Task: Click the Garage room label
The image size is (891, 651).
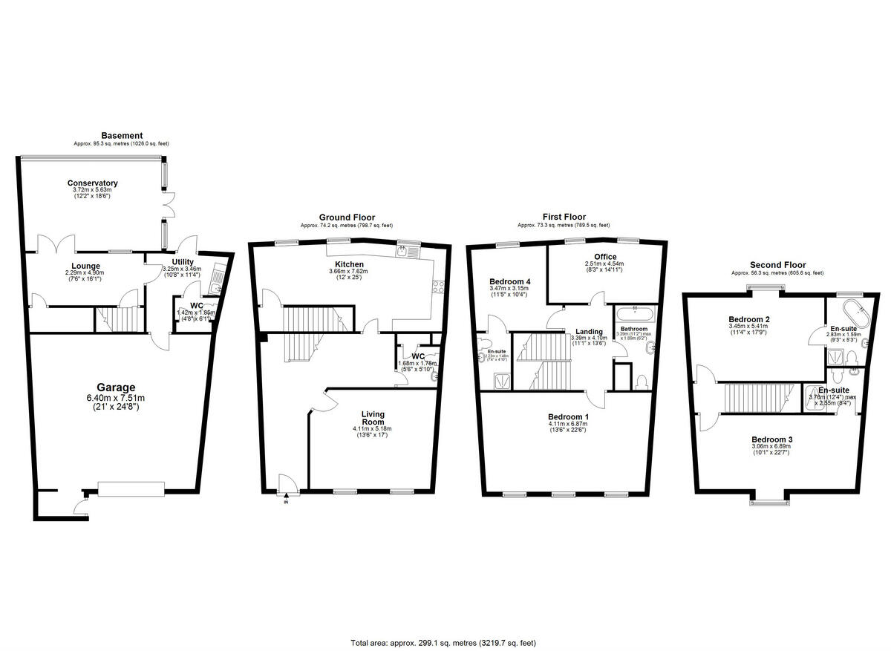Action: point(115,387)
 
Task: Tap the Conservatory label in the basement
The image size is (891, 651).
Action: point(92,183)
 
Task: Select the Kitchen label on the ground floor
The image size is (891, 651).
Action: point(349,264)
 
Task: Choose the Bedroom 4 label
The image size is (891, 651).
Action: point(509,281)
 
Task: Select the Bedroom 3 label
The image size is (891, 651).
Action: point(771,439)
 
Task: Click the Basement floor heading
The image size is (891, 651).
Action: point(122,135)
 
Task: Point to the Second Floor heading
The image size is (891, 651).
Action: point(777,265)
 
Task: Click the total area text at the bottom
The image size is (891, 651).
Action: point(443,643)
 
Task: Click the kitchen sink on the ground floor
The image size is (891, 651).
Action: point(406,252)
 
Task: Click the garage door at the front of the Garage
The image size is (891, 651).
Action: point(131,488)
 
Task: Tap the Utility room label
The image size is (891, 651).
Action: point(183,262)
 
